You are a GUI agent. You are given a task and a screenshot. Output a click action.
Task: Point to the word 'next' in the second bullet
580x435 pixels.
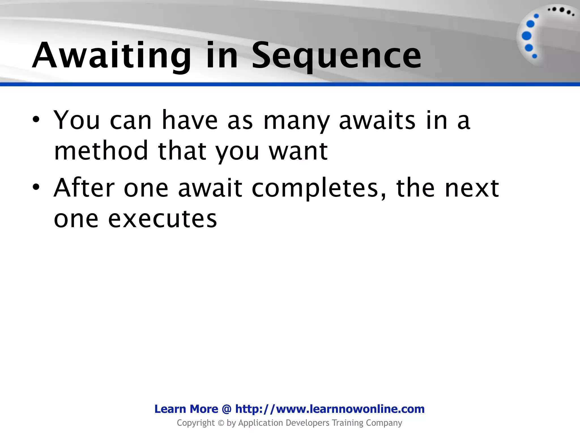(472, 188)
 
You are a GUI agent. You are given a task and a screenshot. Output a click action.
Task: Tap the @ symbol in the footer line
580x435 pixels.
(227, 409)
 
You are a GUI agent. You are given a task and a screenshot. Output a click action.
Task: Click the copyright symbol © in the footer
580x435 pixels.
(221, 423)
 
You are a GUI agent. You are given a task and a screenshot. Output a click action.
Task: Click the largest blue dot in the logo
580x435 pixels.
(526, 36)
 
